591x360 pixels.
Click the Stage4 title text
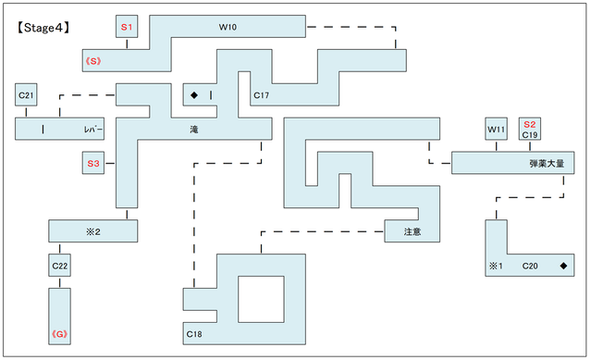(45, 28)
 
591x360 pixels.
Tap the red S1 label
(127, 28)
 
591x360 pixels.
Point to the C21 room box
(26, 94)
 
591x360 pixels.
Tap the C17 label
(262, 95)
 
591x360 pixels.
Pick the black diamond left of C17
(194, 95)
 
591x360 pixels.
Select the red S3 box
(92, 164)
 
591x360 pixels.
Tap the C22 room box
(60, 267)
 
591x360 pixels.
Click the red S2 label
(530, 123)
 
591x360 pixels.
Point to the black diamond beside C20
(563, 267)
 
